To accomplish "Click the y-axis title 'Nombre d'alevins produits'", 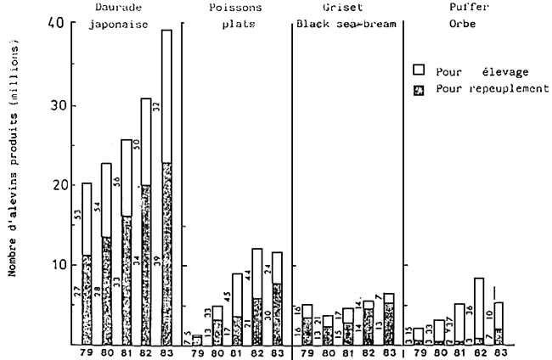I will [x=13, y=183].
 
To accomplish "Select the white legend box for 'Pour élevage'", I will [x=417, y=74].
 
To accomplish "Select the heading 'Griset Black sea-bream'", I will [x=346, y=15].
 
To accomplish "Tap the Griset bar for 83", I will [x=387, y=318].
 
